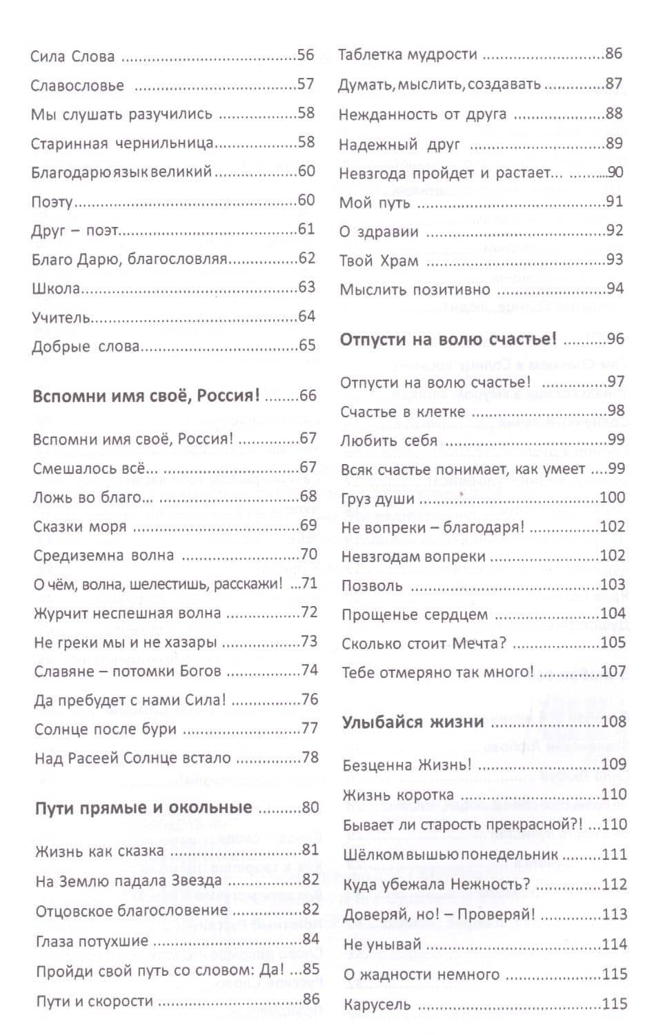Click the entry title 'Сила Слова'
[72, 57]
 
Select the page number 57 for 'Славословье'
[306, 85]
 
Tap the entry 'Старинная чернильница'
[122, 143]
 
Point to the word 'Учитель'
[61, 318]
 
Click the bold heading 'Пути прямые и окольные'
[144, 808]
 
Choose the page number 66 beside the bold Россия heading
[308, 396]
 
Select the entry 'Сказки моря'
[80, 527]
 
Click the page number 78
[310, 758]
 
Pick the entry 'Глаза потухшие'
[92, 941]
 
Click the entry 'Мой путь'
[375, 203]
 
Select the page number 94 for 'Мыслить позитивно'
[615, 289]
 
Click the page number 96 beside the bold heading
[615, 339]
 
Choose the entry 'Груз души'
[377, 499]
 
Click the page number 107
[613, 672]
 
